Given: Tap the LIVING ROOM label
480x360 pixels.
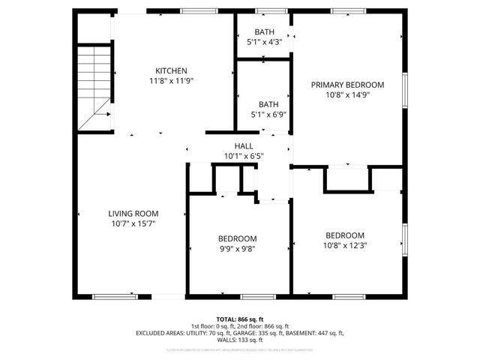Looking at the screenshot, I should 133,214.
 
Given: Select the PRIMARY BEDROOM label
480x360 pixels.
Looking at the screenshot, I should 347,85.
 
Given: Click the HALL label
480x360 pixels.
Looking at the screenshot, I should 244,146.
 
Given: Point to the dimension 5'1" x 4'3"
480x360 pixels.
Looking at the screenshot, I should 264,43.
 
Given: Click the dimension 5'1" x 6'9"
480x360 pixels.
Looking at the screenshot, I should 268,115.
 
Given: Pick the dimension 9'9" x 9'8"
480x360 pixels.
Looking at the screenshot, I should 238,248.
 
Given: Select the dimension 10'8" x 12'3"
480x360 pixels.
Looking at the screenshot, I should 345,244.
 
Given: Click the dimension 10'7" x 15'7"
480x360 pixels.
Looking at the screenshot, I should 133,223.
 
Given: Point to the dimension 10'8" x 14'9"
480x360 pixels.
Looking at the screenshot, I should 347,94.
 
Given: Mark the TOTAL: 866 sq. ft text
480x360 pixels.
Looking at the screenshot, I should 240,319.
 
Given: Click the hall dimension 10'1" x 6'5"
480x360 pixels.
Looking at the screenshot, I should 244,156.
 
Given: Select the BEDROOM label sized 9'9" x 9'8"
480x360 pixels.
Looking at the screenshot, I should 238,238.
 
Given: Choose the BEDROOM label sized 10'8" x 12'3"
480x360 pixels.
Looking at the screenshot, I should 345,235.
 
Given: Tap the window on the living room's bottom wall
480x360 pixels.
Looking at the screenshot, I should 115,297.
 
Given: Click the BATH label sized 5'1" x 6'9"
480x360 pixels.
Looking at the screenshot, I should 268,105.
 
